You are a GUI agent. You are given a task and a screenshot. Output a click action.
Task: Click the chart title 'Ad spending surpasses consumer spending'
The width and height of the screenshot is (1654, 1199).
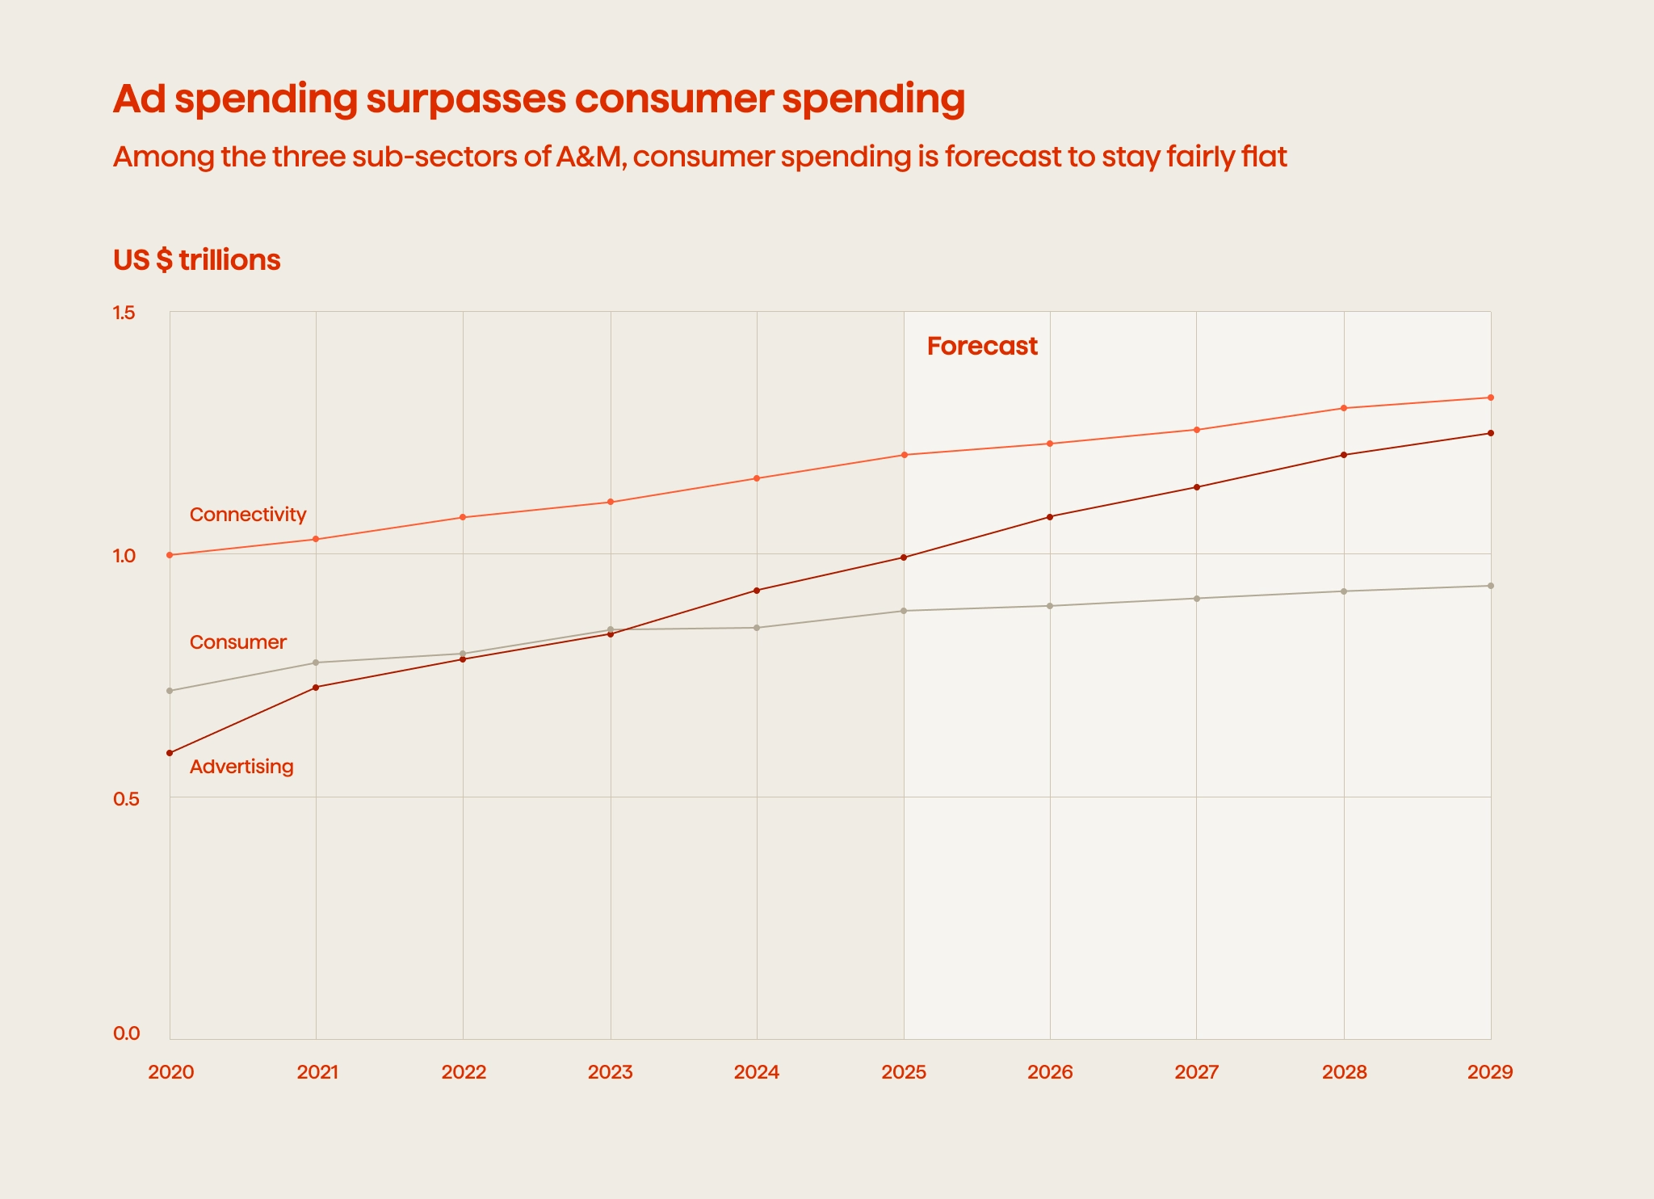tap(539, 99)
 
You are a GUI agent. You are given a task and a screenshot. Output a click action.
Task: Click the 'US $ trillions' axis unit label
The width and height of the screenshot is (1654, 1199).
tap(196, 260)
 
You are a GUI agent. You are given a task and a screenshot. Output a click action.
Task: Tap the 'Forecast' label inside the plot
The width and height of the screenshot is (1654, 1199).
tap(982, 346)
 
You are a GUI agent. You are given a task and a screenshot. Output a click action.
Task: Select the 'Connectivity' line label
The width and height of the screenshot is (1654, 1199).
tap(248, 515)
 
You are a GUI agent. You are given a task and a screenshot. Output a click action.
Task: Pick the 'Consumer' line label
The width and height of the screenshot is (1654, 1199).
tap(238, 642)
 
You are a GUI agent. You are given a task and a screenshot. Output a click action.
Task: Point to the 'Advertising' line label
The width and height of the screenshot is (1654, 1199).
tap(241, 767)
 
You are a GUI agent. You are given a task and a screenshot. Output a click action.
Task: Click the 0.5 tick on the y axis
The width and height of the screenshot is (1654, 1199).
tap(126, 798)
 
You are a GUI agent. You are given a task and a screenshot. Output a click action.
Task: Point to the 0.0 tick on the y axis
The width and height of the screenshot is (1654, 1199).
tap(126, 1033)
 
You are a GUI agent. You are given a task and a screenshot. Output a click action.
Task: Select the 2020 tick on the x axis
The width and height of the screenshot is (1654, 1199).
tap(171, 1072)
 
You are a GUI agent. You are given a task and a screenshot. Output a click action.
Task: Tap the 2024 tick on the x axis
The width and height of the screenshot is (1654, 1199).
tap(757, 1072)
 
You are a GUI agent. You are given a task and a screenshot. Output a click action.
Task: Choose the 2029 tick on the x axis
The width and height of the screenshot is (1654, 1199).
tap(1490, 1072)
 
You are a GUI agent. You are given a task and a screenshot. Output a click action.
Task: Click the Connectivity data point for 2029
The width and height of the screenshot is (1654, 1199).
tap(1491, 398)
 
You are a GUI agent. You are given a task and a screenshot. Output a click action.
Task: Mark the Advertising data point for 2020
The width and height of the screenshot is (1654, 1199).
tap(170, 753)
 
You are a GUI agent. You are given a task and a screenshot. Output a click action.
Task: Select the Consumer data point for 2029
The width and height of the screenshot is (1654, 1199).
tap(1491, 586)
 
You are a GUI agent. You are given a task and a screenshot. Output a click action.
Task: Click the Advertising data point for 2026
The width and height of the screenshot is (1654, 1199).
tap(1050, 517)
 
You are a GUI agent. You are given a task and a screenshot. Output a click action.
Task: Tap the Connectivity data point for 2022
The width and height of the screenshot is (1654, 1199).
tap(463, 517)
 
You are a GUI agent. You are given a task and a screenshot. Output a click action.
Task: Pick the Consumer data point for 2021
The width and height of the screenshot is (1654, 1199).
tap(316, 663)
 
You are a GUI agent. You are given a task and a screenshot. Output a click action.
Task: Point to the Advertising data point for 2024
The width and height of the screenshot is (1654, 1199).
tap(757, 591)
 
